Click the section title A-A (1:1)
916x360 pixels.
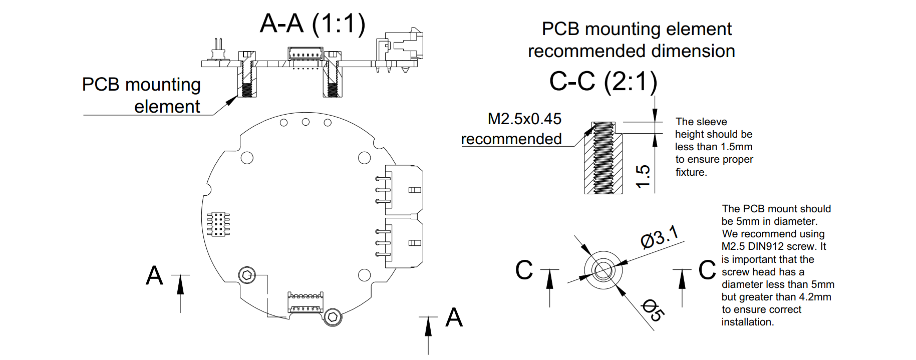pos(313,24)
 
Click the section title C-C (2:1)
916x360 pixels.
pos(603,82)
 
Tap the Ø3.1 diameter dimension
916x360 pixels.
pos(660,236)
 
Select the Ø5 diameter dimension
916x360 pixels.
pos(653,310)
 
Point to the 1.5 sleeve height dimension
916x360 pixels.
pos(643,176)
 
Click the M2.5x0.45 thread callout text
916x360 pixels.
pos(524,119)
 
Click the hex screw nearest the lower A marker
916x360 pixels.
pos(333,317)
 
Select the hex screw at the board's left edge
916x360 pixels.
pos(247,275)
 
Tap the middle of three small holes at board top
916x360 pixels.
pos(306,122)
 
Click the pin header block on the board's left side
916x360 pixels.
pos(218,224)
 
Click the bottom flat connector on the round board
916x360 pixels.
pos(305,302)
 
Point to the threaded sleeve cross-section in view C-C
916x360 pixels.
pos(603,158)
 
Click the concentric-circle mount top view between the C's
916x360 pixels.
pos(603,270)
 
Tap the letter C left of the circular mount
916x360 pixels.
pos(524,270)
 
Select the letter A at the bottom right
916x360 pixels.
pos(454,317)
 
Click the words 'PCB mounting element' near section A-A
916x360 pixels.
pos(142,95)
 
